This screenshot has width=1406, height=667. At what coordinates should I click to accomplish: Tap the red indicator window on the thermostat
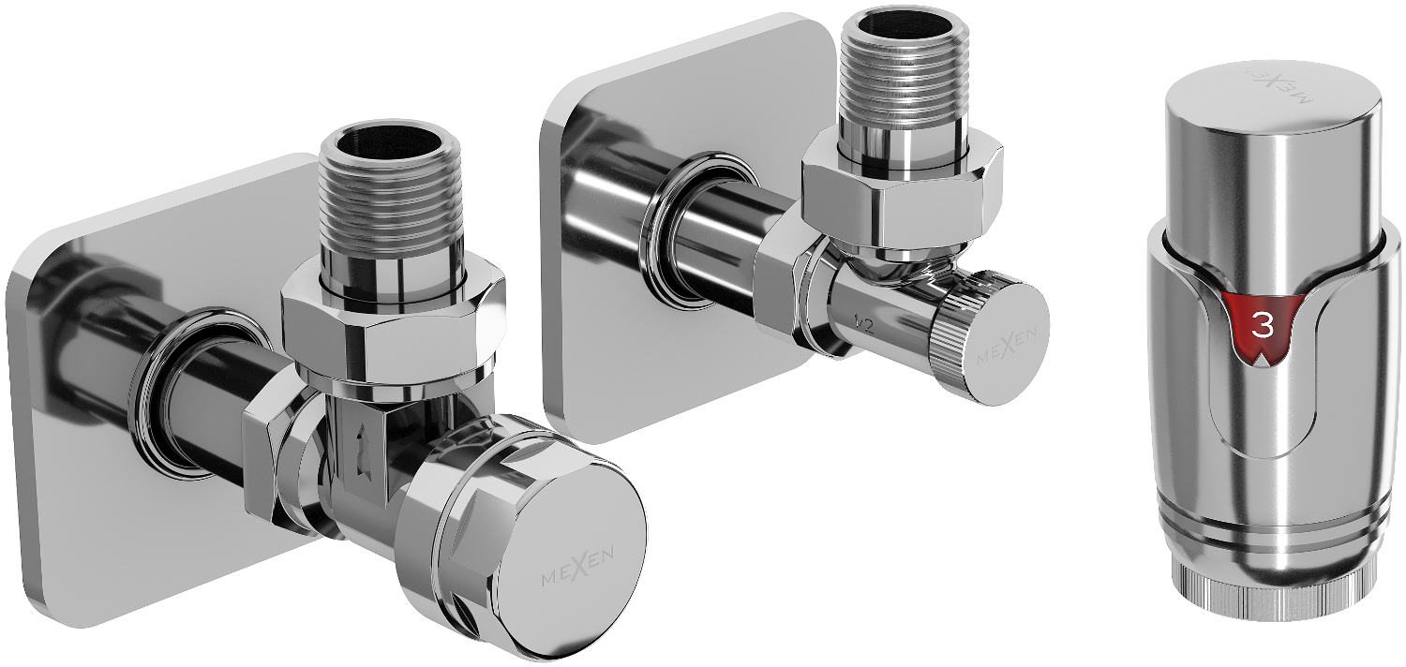point(1266,328)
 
